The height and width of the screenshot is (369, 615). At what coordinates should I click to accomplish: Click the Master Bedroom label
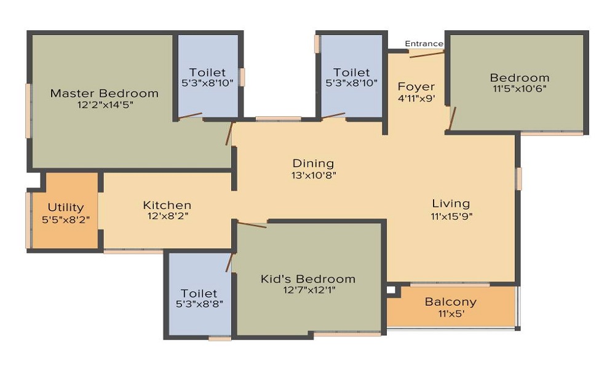coord(105,93)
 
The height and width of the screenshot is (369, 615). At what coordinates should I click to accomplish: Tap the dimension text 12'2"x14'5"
coord(105,105)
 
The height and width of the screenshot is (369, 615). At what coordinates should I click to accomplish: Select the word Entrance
coord(424,44)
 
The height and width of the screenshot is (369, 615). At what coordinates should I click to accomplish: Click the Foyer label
coord(416,87)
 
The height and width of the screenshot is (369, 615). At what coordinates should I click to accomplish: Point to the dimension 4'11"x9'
coord(416,98)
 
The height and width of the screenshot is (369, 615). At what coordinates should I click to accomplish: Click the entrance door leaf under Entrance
coord(427,55)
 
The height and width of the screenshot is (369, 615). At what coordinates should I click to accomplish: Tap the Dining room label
coord(314,164)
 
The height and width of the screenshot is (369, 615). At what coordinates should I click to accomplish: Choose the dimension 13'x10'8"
coord(314,175)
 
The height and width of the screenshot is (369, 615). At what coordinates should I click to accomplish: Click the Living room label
coord(451,204)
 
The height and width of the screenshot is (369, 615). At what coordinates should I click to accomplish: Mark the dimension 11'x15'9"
coord(451,216)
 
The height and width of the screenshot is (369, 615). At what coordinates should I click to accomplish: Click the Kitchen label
coord(167,205)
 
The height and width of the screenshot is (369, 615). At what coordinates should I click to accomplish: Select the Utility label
coord(66,207)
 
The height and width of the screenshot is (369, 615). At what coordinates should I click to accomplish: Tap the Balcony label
coord(451,302)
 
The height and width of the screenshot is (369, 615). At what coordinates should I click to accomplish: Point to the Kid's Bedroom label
coord(308,279)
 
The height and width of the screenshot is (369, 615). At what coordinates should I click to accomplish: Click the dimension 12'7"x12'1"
coord(309,290)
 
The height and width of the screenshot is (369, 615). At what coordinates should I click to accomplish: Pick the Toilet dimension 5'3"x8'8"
coord(199,304)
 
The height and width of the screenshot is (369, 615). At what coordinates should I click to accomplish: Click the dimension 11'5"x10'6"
coord(519,89)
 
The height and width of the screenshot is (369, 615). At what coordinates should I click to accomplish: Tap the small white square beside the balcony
coord(391,290)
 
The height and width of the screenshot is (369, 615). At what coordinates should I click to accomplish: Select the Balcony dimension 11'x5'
coord(451,314)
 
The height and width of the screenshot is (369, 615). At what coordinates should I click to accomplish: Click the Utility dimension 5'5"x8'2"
coord(66,220)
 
